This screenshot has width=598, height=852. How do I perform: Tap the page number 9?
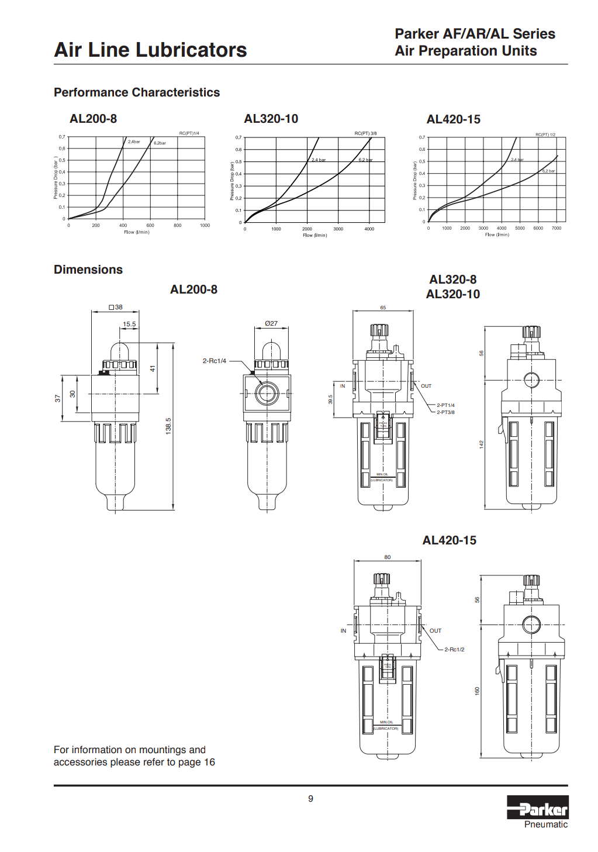(x=310, y=798)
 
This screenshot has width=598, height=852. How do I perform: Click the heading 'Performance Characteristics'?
(x=137, y=92)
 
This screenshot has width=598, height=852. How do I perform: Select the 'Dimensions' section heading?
(x=88, y=270)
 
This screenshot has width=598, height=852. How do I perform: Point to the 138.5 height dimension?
(x=168, y=425)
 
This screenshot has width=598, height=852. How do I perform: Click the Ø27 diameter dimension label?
(x=271, y=323)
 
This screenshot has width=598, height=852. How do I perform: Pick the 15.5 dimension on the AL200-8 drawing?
(x=129, y=324)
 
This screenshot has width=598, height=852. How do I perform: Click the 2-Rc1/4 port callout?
(x=214, y=361)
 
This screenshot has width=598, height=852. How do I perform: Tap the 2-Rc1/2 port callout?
(x=454, y=649)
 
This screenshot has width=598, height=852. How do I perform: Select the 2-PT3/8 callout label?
(x=445, y=412)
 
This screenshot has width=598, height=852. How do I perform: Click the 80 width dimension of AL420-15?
(x=388, y=557)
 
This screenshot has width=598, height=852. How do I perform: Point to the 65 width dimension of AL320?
(x=383, y=308)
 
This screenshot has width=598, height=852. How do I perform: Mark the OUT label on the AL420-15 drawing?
(x=435, y=631)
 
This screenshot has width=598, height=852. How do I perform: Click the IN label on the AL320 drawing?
(x=343, y=386)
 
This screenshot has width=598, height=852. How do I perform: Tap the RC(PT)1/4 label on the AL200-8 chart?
(x=189, y=133)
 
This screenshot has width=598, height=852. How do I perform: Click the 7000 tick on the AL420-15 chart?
(x=556, y=228)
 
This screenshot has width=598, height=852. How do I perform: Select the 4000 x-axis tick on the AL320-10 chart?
(x=369, y=229)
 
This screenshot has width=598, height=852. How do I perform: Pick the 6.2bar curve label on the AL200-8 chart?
(x=160, y=143)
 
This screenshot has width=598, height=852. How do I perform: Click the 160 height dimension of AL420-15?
(x=477, y=691)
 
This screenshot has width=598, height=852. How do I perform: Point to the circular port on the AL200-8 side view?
(x=267, y=392)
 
